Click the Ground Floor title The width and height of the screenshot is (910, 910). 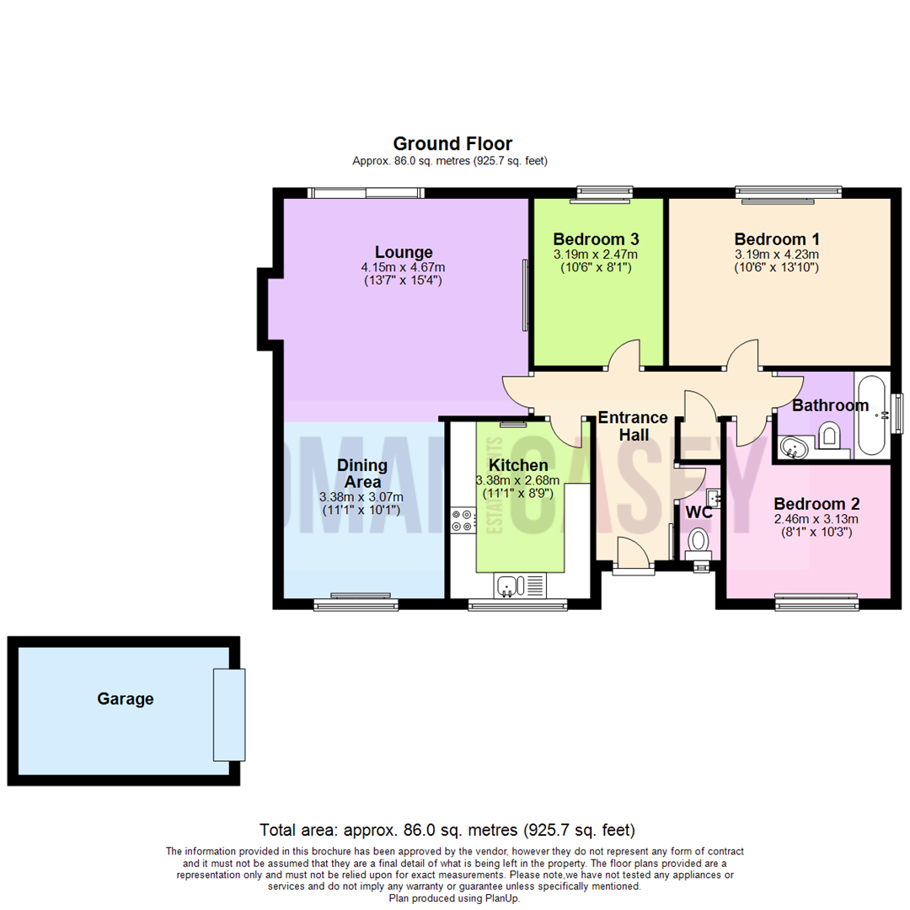click(452, 143)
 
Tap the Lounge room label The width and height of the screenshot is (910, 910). click(404, 252)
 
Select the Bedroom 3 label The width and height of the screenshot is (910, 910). click(595, 238)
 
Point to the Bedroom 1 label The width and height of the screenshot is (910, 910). click(776, 238)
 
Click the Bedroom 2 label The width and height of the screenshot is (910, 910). click(817, 504)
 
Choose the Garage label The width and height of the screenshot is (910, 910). click(126, 699)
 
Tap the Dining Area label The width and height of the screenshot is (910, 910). click(362, 473)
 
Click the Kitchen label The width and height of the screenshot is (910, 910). click(518, 465)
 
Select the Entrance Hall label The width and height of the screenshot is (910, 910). click(634, 426)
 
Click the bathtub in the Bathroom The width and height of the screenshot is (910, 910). click(873, 415)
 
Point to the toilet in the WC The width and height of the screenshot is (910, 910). click(699, 542)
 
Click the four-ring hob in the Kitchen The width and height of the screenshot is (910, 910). click(462, 520)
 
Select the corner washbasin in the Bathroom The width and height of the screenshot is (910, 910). click(793, 446)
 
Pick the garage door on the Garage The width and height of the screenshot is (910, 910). click(229, 715)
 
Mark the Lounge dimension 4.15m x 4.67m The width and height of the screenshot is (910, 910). click(404, 267)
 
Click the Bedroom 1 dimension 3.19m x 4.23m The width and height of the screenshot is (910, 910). click(776, 254)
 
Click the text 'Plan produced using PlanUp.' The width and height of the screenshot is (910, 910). click(455, 898)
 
